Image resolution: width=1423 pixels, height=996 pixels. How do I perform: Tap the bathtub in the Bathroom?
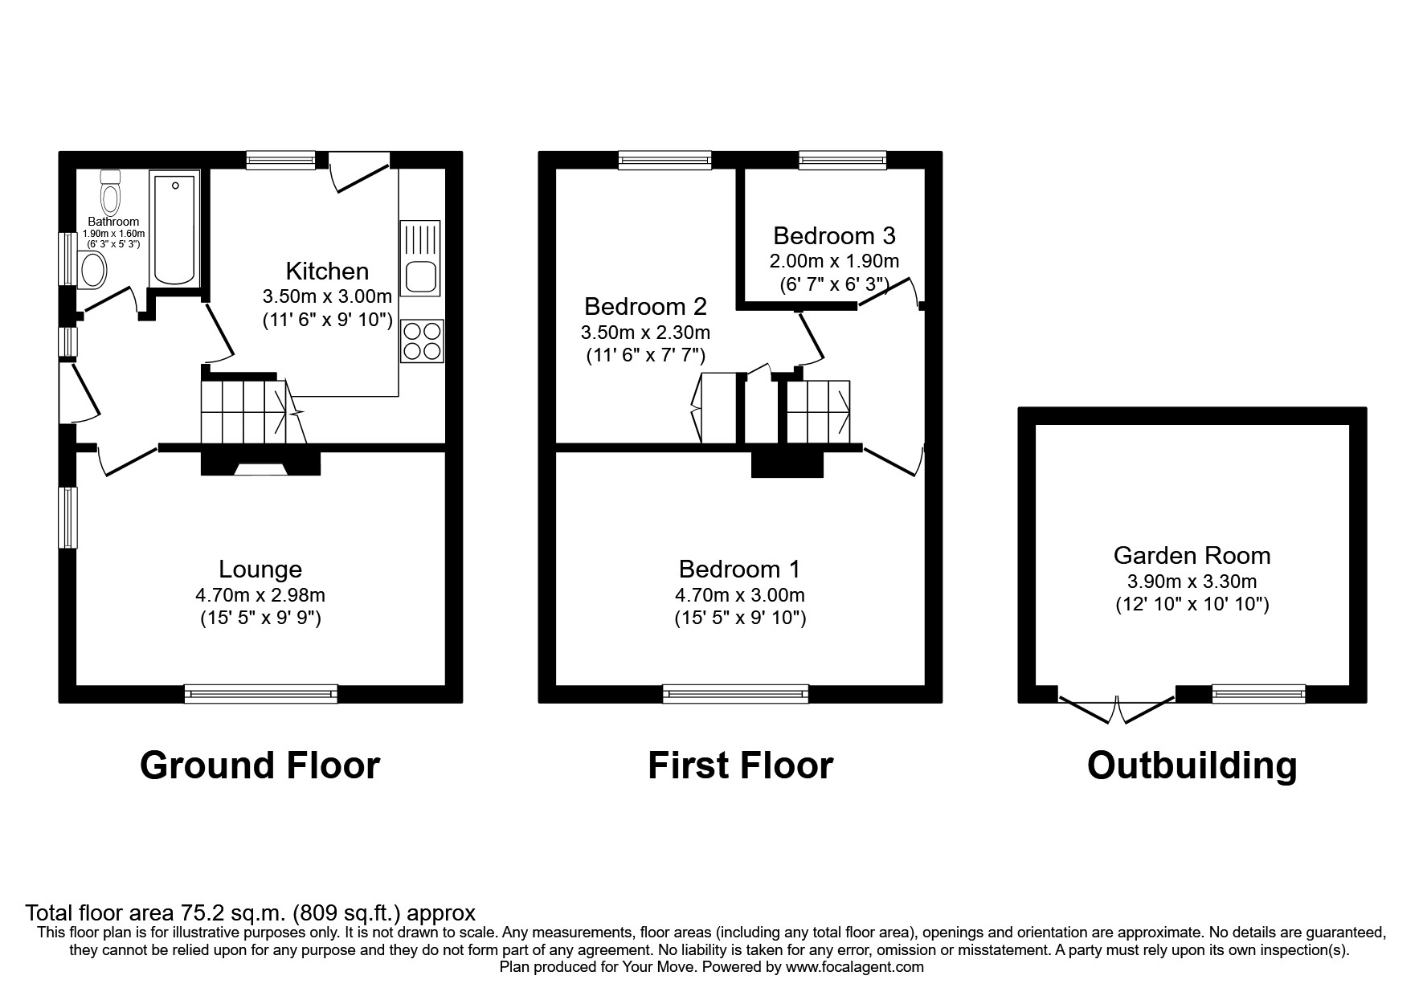pos(175,229)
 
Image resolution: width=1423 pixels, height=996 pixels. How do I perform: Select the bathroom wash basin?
pos(93,269)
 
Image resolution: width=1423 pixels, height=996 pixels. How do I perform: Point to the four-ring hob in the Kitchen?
pos(422,341)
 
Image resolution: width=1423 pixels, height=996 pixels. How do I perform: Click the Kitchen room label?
pos(327,271)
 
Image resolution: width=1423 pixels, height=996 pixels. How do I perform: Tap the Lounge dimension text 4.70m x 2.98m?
pos(260,595)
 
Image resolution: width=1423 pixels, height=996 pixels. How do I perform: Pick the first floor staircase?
pos(818,411)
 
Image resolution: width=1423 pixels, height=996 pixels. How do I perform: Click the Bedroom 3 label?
pos(834,235)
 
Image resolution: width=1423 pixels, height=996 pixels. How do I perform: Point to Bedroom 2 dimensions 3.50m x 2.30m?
pos(645,332)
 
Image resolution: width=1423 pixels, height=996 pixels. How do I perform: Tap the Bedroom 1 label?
pos(739,569)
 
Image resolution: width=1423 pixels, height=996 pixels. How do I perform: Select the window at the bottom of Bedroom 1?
pos(735,693)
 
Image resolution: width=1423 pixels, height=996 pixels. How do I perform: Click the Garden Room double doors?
pos(1117,707)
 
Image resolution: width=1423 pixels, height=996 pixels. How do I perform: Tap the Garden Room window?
pos(1258,693)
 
